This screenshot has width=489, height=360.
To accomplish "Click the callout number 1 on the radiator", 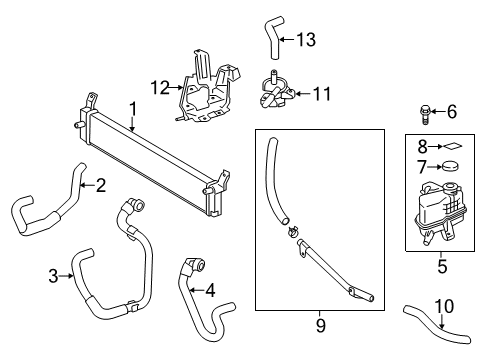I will [131, 108].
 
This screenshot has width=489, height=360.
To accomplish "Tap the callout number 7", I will [421, 166].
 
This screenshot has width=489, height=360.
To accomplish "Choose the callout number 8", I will [421, 146].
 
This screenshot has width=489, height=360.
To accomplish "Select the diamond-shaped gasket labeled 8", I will [448, 146].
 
